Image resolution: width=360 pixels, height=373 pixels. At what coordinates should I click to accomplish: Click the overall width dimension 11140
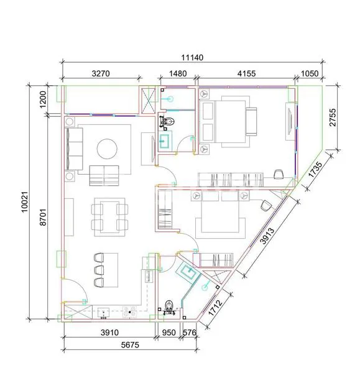pyautogui.click(x=192, y=57)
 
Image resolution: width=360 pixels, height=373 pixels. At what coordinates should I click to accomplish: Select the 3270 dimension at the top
pyautogui.click(x=100, y=73)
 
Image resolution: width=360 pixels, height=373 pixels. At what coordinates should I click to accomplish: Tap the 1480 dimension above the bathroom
pyautogui.click(x=178, y=73)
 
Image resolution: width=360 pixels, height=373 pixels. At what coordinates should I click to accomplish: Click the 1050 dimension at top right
pyautogui.click(x=309, y=73)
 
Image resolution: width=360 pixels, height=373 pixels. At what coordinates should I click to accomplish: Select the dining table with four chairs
pyautogui.click(x=109, y=216)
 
